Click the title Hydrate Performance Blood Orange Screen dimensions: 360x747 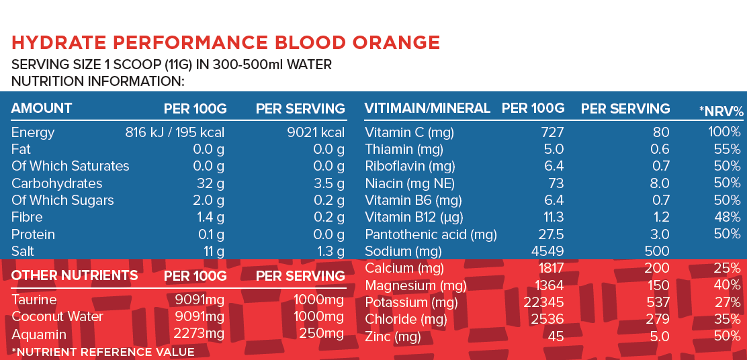[x=226, y=43]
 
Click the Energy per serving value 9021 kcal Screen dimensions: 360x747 [x=315, y=132]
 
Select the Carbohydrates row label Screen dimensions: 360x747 [x=57, y=183]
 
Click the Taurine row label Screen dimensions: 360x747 [x=34, y=300]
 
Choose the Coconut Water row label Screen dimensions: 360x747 [x=57, y=316]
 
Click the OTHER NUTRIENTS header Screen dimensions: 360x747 [x=75, y=275]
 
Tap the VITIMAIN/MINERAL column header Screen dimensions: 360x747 [x=427, y=108]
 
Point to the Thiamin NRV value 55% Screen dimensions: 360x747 [x=728, y=149]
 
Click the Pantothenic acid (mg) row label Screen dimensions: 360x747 [x=431, y=234]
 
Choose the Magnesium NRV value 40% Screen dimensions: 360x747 [x=728, y=286]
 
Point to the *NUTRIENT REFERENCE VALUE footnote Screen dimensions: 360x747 [x=103, y=352]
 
